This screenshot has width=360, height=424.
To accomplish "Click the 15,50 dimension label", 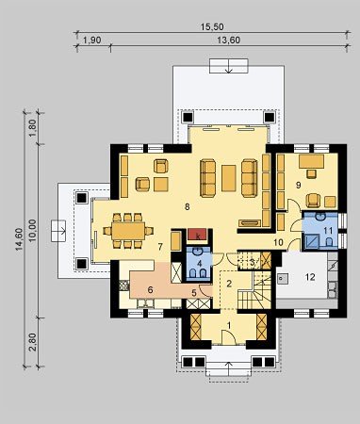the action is coord(212,27).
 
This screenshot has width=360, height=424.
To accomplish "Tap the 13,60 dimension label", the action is coord(229,41).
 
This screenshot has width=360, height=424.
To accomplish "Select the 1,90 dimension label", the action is coord(92,41).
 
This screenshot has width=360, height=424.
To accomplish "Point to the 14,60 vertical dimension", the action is coord(19,239).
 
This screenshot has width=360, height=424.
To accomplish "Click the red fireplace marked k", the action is coord(198,235).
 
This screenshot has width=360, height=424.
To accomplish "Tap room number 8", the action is coord(188,206).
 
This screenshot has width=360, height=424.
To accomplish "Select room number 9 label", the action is coord(298,186).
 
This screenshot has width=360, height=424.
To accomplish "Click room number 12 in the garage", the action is coord(310,277).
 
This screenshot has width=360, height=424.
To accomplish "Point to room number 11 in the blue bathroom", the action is coord(328,231).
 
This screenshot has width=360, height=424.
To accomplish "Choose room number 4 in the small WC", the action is coord(199,264).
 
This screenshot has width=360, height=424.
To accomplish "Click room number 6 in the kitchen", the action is coord(150,290).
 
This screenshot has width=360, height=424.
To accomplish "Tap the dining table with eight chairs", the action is coord(128,231).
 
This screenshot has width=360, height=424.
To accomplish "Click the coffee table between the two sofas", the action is coord(228,178).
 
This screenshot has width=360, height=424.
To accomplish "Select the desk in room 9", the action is coord(311,161).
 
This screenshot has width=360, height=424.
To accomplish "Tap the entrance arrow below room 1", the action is coord(229,368).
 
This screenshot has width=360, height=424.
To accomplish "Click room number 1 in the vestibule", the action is coord(229,326).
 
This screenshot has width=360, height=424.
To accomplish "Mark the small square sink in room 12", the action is coord(283,278).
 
